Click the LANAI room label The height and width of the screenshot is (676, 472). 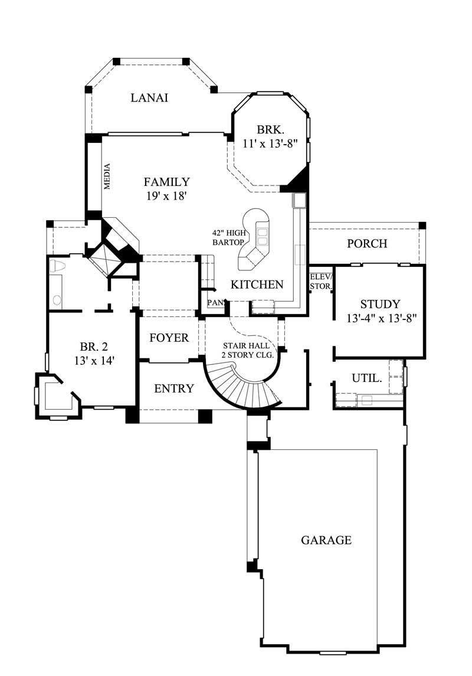click(x=149, y=98)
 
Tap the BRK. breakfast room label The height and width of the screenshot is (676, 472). click(x=271, y=130)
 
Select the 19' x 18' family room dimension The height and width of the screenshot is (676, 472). click(x=167, y=196)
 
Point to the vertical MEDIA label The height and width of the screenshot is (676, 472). click(x=107, y=176)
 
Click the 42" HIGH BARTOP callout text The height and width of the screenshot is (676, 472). click(x=228, y=237)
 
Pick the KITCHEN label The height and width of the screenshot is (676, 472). click(x=257, y=285)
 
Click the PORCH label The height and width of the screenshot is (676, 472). click(x=366, y=243)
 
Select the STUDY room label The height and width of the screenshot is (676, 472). click(x=380, y=305)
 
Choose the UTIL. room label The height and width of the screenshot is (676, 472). click(x=366, y=377)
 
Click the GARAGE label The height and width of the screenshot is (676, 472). click(x=326, y=540)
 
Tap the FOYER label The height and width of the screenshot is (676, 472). click(x=169, y=338)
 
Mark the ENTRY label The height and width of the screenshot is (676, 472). click(x=173, y=388)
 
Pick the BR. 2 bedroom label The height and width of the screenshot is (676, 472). click(x=93, y=353)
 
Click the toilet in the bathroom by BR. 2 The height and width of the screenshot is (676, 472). click(x=58, y=266)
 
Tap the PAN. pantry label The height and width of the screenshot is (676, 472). click(x=214, y=302)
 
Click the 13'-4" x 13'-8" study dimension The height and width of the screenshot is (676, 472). click(x=382, y=318)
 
